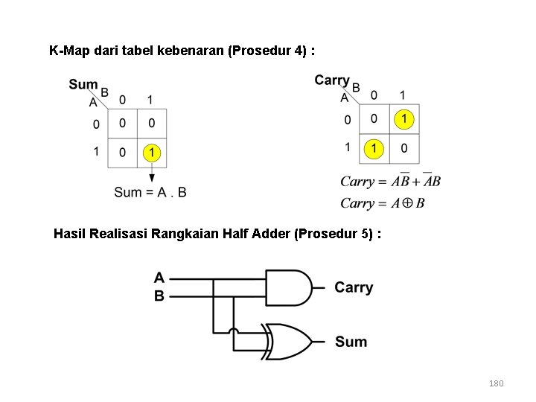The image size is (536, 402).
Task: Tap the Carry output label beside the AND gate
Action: [x=354, y=287]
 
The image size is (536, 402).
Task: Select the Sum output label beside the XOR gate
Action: [x=351, y=342]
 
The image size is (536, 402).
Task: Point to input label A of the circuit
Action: [x=159, y=278]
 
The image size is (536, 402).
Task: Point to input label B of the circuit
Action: [x=159, y=296]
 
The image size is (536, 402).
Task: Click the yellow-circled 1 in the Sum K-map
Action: [x=151, y=153]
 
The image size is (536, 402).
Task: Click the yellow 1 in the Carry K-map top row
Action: [x=403, y=118]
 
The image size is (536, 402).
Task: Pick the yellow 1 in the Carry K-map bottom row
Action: [x=374, y=148]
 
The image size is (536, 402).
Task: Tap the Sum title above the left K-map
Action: [x=83, y=84]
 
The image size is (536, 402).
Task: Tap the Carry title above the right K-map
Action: [x=332, y=80]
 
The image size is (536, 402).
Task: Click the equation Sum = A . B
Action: [x=150, y=192]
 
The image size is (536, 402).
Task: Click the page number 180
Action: [x=496, y=383]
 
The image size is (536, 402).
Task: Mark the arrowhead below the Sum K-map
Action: [x=151, y=177]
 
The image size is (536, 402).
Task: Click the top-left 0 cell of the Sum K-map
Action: [x=122, y=123]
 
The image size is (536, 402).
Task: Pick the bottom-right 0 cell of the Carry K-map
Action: [x=403, y=148]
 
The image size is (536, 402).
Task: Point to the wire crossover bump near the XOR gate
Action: [x=233, y=331]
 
